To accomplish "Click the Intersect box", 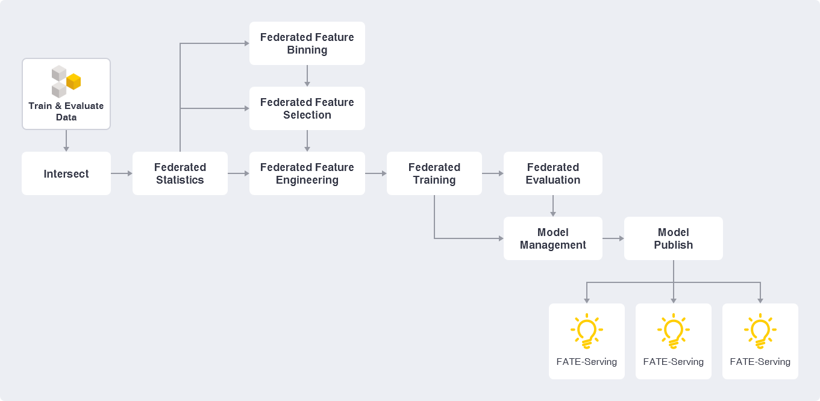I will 66,173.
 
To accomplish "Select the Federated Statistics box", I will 180,173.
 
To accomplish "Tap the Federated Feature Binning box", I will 307,43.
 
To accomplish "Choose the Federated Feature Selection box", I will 307,108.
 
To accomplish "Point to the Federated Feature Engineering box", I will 307,173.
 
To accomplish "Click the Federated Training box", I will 434,173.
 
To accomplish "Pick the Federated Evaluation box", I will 553,173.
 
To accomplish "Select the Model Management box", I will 553,238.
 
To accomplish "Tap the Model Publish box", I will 674,238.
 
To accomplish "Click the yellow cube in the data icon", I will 74,81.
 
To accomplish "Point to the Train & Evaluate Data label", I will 66,111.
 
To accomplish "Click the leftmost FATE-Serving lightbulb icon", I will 587,331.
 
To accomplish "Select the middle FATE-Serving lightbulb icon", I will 674,331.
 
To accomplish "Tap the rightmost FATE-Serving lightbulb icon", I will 760,331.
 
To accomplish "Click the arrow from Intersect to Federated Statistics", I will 122,173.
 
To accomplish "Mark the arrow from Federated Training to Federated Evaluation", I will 493,173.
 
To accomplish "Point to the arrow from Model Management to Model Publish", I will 613,238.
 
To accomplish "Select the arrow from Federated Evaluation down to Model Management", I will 553,206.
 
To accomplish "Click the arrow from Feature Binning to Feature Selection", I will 307,76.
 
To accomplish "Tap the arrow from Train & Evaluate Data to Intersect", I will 66,141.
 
